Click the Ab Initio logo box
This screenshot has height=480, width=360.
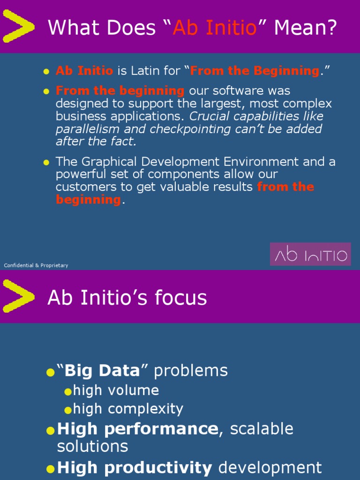[310, 255]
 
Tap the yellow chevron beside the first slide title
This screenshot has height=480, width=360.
[18, 27]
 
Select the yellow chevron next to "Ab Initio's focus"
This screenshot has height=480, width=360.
[18, 296]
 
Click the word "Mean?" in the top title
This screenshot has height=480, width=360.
[305, 29]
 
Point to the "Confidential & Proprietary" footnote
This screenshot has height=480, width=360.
[36, 265]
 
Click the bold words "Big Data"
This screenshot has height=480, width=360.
[102, 371]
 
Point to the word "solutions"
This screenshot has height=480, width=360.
[92, 446]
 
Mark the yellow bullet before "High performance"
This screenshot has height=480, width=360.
[51, 430]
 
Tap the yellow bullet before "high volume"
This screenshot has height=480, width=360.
[68, 391]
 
